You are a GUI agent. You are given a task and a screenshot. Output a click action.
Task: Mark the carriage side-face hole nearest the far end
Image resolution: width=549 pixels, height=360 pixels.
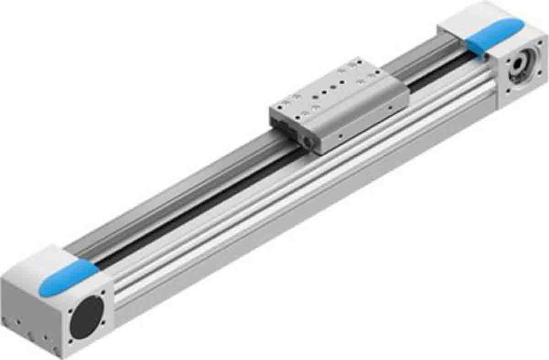tap(389, 108)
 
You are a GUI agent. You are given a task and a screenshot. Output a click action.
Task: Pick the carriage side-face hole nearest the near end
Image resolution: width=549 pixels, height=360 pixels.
tap(340, 136)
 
